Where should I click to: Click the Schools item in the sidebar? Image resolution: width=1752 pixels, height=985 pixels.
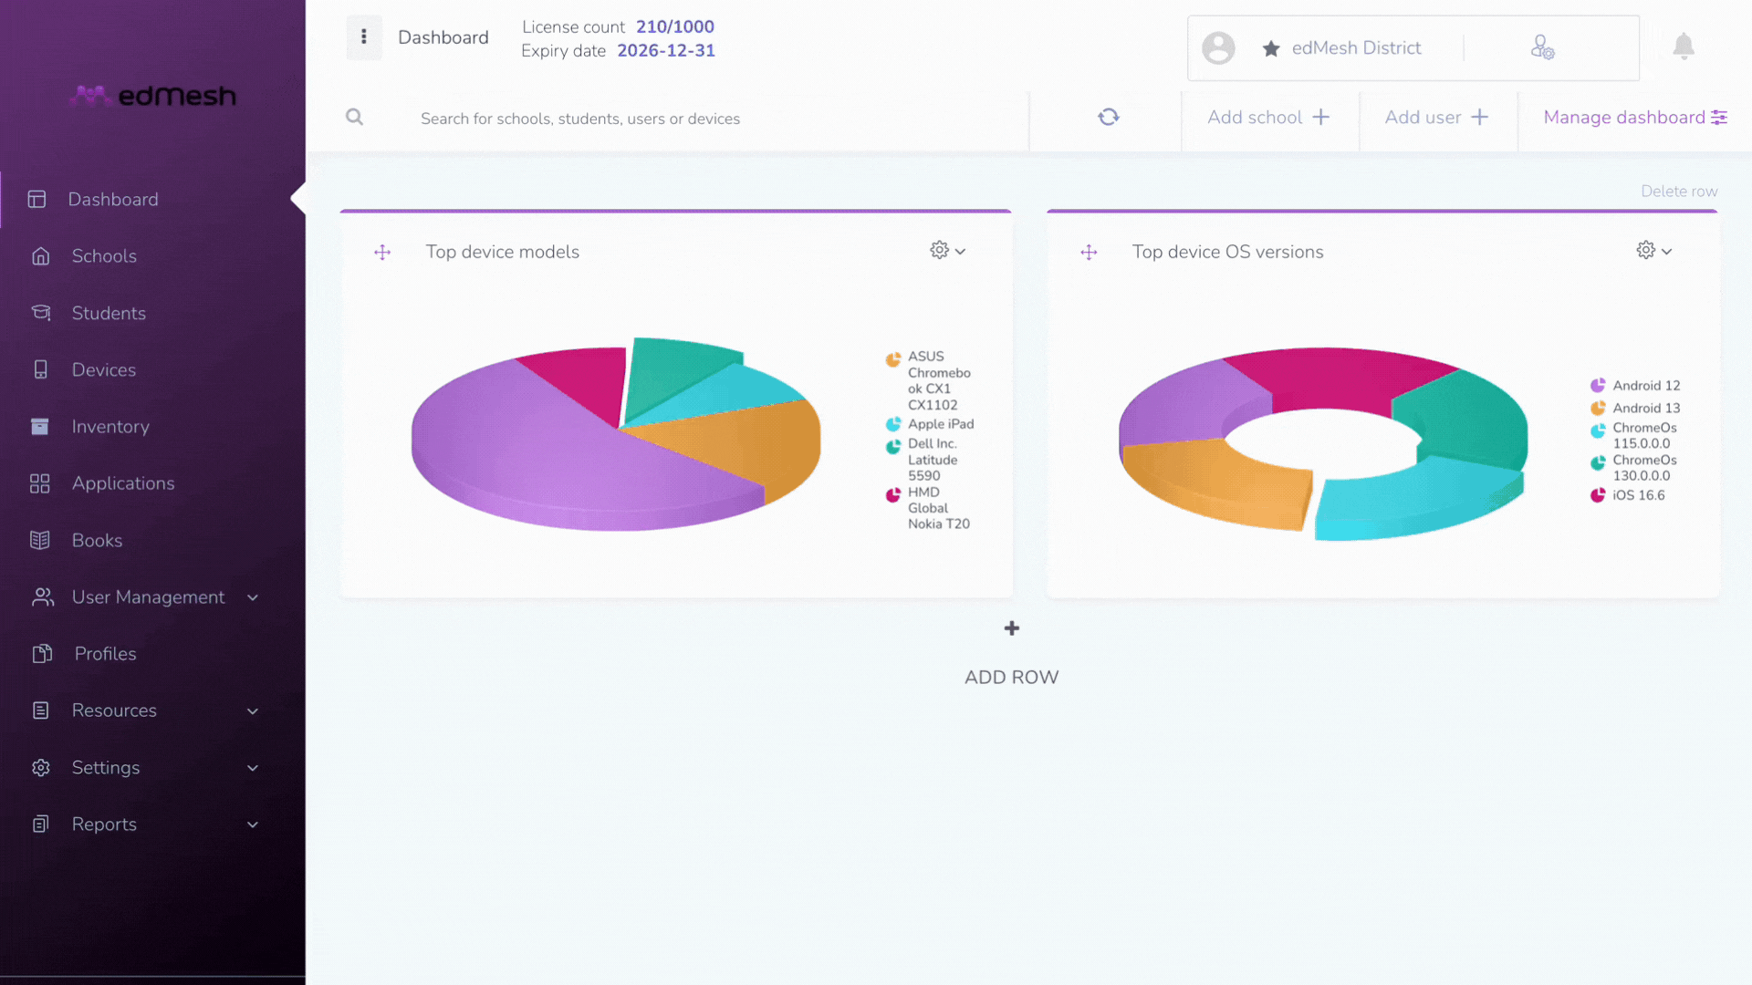coord(104,256)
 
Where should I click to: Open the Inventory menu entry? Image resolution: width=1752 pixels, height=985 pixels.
coord(109,427)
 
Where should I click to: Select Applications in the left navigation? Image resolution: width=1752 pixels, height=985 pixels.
coord(122,483)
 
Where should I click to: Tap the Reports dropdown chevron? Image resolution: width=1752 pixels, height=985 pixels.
coord(253,824)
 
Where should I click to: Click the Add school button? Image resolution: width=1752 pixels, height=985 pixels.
coord(1268,118)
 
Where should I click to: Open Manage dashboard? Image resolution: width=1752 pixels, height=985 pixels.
coord(1634,118)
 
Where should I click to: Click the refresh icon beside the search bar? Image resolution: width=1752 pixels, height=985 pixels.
coord(1108,117)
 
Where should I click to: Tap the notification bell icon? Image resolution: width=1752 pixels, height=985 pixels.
coord(1684,47)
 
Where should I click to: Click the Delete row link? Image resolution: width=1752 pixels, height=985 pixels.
coord(1679,192)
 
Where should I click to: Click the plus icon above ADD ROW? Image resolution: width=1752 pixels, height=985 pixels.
coord(1012,628)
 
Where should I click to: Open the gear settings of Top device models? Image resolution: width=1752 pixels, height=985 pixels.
coord(947,250)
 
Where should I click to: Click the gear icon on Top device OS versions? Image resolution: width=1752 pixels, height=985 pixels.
coord(1653,250)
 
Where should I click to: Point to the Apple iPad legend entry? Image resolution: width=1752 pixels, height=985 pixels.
coord(930,424)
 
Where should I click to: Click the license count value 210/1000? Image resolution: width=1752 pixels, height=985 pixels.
coord(675,26)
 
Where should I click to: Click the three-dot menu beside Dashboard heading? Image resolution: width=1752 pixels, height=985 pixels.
coord(364,36)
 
